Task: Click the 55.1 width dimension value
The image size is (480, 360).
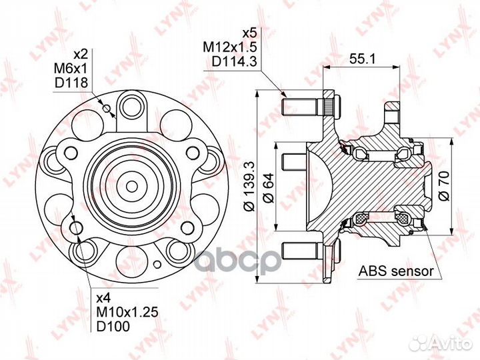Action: [362, 59]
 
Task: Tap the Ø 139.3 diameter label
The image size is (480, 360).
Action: [249, 186]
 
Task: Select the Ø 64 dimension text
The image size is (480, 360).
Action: [269, 187]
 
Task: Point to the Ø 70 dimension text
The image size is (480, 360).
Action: [443, 186]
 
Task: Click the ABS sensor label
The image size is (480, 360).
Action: [397, 271]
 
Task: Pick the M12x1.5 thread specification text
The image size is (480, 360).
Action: [230, 47]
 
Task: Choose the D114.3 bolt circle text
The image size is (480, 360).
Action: [234, 62]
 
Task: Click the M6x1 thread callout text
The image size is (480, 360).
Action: [71, 69]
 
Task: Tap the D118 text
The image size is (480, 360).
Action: [71, 83]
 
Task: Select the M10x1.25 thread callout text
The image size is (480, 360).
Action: [127, 312]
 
